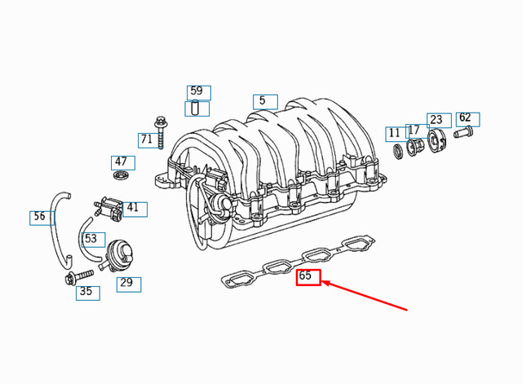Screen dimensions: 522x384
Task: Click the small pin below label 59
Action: click(x=195, y=108)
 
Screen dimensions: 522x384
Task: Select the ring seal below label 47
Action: click(x=120, y=174)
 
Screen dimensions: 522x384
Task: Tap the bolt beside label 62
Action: click(x=463, y=132)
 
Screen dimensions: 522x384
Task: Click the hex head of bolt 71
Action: click(x=161, y=121)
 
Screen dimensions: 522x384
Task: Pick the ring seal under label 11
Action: click(x=398, y=151)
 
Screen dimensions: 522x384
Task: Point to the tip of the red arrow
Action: click(x=322, y=282)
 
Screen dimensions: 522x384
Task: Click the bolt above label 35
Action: click(x=79, y=277)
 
